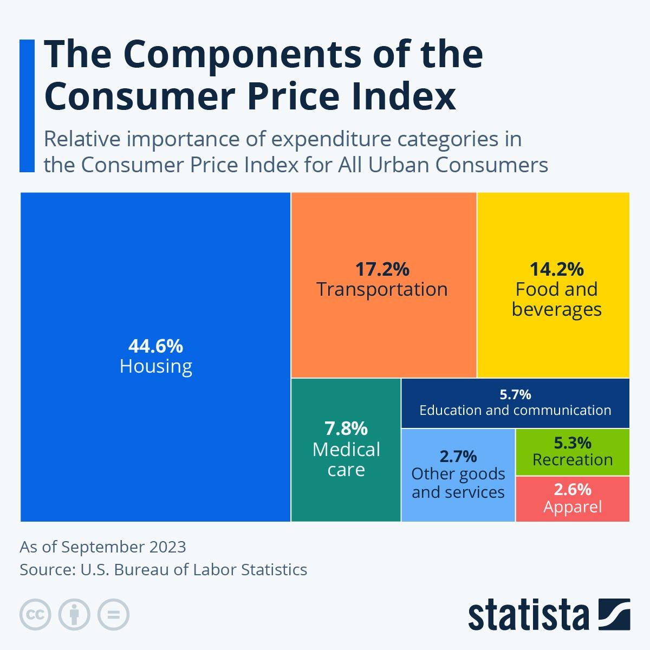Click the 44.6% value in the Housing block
[155, 346]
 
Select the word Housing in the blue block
[156, 367]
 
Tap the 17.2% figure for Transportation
[382, 269]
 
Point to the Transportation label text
[382, 289]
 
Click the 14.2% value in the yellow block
[556, 269]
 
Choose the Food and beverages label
[556, 299]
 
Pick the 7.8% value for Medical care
[346, 428]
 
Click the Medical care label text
[346, 459]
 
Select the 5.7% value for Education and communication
[515, 394]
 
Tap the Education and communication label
[515, 410]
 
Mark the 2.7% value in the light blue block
[458, 456]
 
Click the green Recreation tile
[573, 452]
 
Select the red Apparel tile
[573, 499]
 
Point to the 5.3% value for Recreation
[573, 443]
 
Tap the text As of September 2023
[103, 547]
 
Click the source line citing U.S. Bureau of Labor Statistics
[163, 570]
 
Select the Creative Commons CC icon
[36, 615]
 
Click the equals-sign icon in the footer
[113, 615]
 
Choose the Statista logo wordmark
[528, 615]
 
